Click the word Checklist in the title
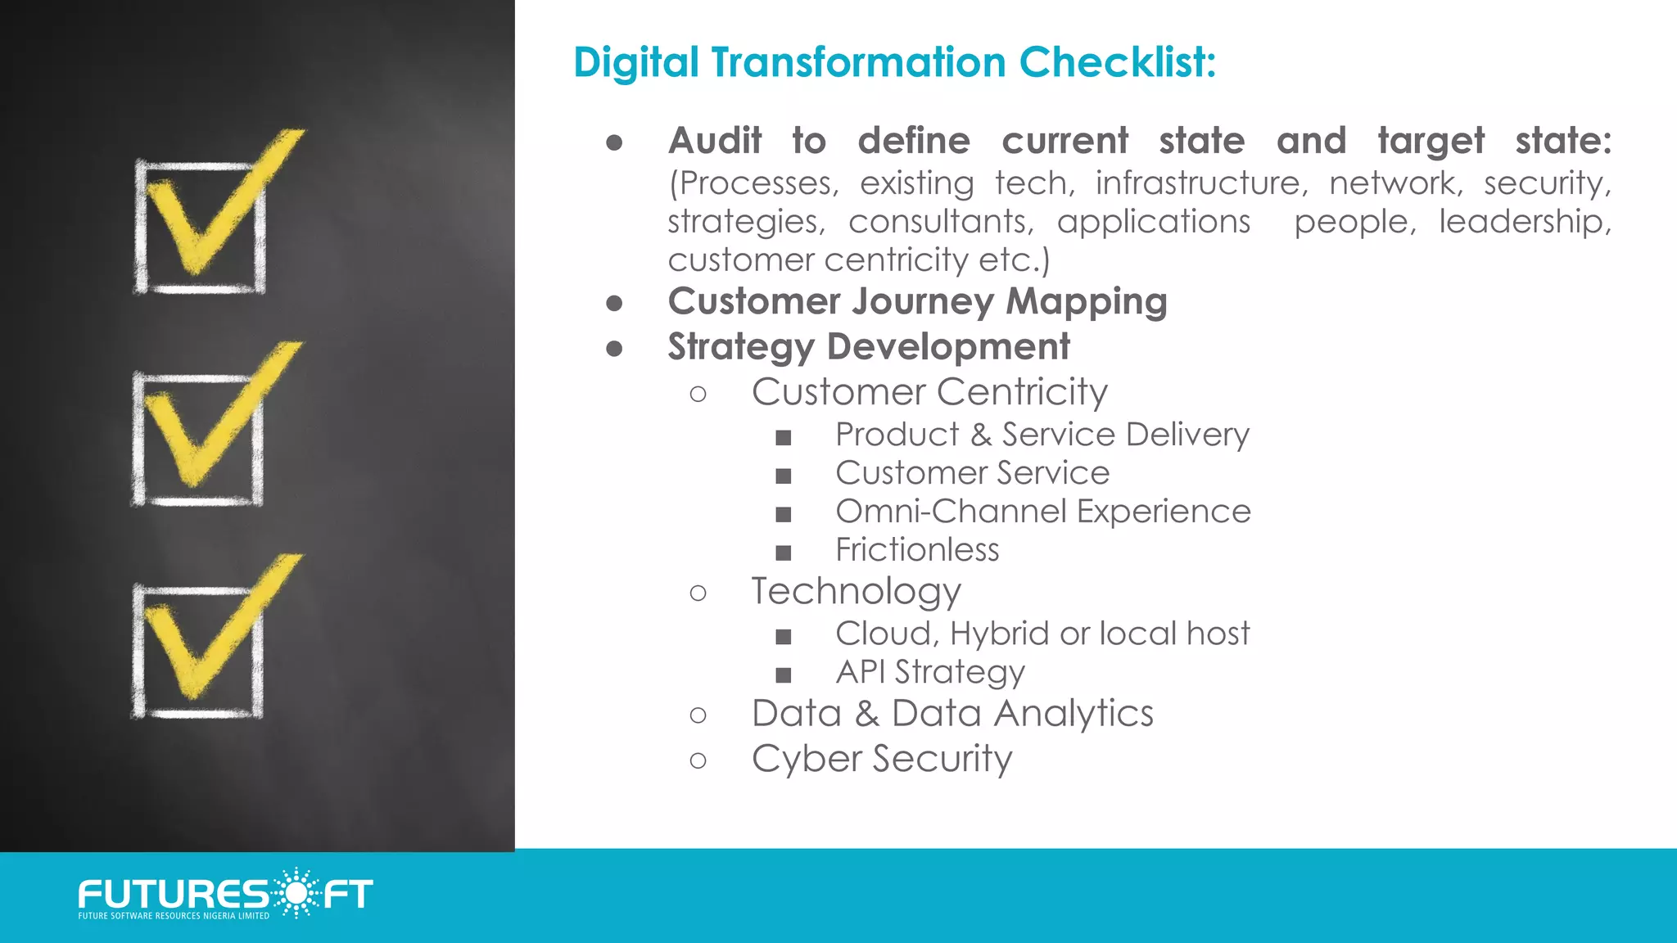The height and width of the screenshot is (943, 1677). [1117, 62]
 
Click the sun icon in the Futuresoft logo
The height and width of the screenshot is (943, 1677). [295, 892]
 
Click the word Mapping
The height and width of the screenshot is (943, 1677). [1086, 302]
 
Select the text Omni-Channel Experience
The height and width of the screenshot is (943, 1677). [1042, 512]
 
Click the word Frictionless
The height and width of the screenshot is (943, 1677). [917, 550]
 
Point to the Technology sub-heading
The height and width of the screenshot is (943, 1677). [856, 591]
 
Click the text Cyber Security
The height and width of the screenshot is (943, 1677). [882, 759]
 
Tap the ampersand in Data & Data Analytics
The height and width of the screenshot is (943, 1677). [867, 714]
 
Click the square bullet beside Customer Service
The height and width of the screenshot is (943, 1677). [784, 476]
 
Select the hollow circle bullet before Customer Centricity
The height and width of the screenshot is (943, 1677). [698, 394]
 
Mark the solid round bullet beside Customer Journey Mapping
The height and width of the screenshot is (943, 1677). [614, 304]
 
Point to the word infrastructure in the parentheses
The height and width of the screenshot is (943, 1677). [1198, 183]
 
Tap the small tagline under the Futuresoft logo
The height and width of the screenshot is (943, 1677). [174, 916]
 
